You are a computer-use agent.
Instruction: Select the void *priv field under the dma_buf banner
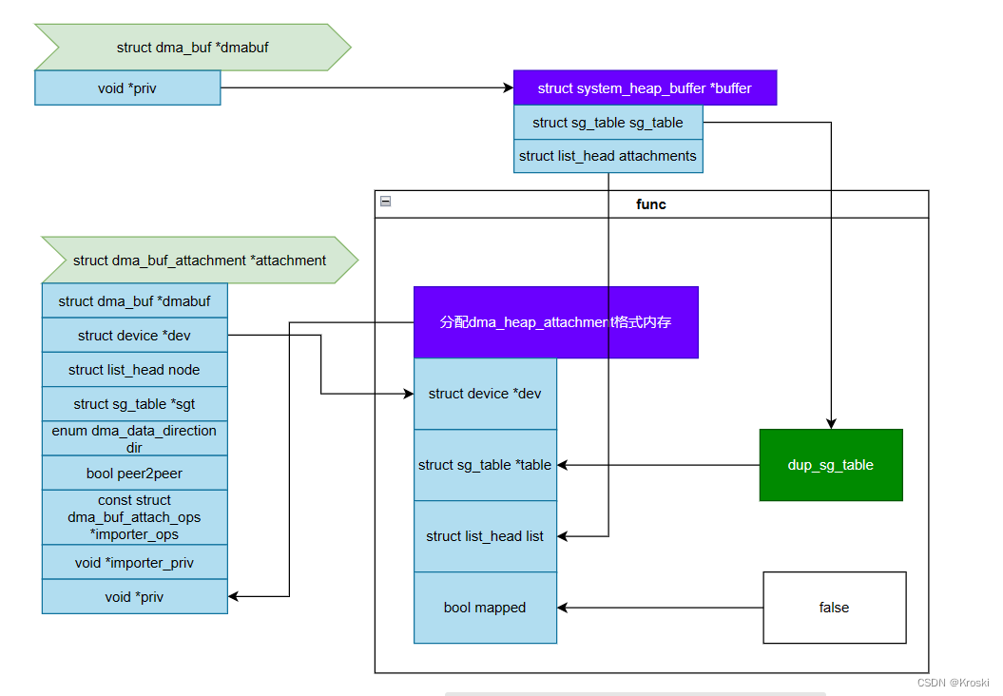pyautogui.click(x=127, y=88)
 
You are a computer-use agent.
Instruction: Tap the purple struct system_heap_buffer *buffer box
pyautogui.click(x=645, y=88)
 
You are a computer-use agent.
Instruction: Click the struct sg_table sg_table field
pyautogui.click(x=608, y=123)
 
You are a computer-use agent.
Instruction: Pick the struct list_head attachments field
pyautogui.click(x=608, y=156)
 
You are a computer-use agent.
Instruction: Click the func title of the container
pyautogui.click(x=651, y=204)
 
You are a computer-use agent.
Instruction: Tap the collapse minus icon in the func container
pyautogui.click(x=385, y=201)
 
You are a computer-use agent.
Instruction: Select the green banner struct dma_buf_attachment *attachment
pyautogui.click(x=199, y=261)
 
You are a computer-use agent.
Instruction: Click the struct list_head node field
pyautogui.click(x=134, y=370)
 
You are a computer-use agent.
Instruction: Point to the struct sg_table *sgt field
pyautogui.click(x=134, y=404)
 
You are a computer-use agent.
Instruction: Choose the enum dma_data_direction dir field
pyautogui.click(x=134, y=438)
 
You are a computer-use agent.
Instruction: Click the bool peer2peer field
pyautogui.click(x=134, y=473)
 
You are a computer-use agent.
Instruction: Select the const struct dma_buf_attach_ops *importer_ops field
pyautogui.click(x=134, y=517)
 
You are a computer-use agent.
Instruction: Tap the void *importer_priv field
pyautogui.click(x=134, y=563)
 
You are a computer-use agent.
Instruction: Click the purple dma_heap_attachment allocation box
pyautogui.click(x=555, y=322)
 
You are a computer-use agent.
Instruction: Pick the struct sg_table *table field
pyautogui.click(x=485, y=465)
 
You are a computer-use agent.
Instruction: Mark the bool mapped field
pyautogui.click(x=485, y=608)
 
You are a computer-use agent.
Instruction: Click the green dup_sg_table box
pyautogui.click(x=831, y=465)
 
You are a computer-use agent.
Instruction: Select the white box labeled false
pyautogui.click(x=835, y=608)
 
